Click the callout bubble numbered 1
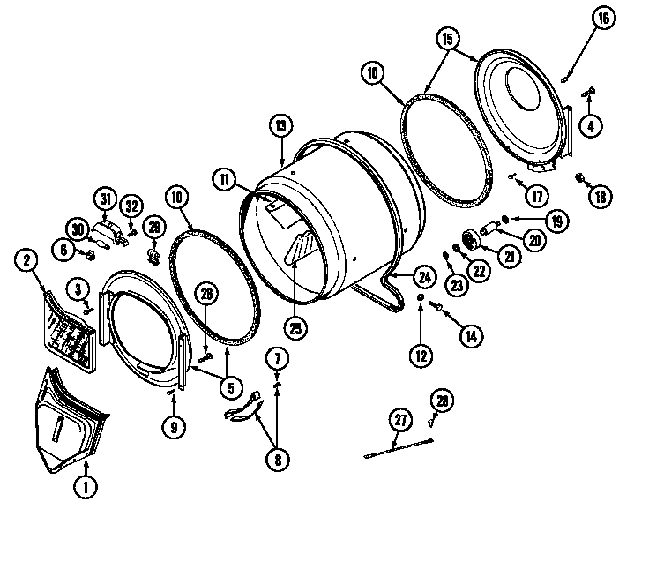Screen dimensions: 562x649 point(86,485)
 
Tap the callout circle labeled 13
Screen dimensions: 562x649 point(280,127)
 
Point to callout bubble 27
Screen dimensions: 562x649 point(400,420)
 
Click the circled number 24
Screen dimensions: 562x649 point(424,276)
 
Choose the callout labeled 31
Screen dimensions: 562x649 point(105,199)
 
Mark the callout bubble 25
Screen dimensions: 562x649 point(295,327)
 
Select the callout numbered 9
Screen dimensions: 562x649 point(174,427)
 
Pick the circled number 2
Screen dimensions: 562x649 point(27,259)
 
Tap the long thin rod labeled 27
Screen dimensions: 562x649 point(397,448)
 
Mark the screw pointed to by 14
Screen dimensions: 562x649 point(436,305)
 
